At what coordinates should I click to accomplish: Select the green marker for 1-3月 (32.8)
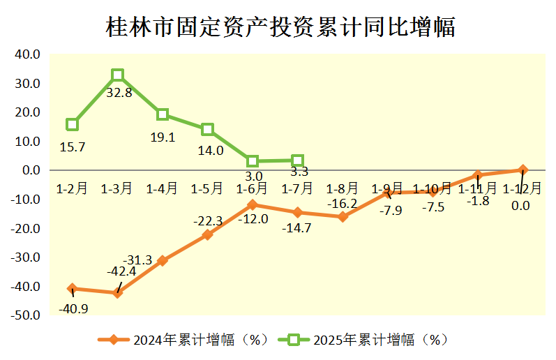click(118, 75)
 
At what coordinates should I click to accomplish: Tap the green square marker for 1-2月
click(73, 125)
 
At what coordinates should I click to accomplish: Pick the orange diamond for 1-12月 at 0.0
click(523, 170)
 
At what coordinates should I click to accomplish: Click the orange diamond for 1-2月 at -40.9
click(73, 289)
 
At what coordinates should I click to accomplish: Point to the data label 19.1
click(163, 137)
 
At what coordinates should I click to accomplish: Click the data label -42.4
click(121, 271)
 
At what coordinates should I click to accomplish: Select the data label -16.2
click(343, 204)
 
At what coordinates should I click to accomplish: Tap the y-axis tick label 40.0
click(28, 54)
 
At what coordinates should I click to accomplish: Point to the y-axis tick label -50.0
click(26, 316)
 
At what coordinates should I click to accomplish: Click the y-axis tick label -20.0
click(26, 229)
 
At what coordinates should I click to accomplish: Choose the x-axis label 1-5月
click(207, 188)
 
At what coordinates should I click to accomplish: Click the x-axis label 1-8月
click(343, 188)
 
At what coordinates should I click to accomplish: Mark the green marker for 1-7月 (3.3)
click(297, 161)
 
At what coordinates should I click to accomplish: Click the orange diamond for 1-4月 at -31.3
click(163, 261)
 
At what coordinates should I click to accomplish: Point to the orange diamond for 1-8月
click(343, 217)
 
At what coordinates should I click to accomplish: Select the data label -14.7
click(298, 227)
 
